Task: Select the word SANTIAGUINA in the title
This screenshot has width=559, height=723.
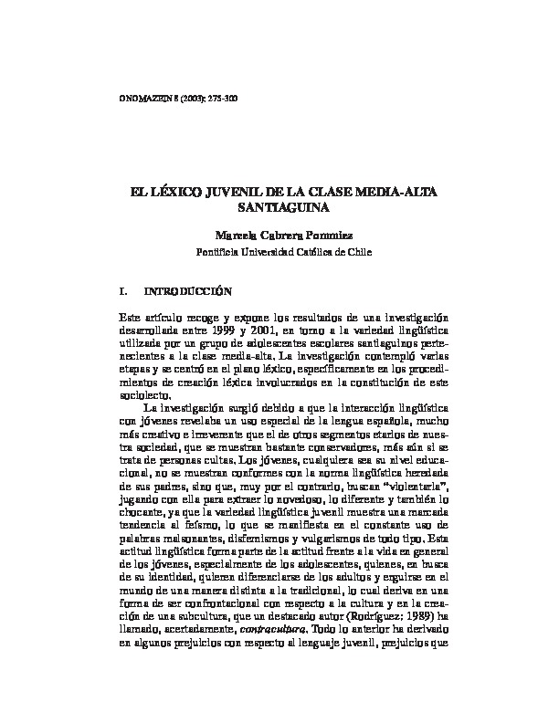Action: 279,209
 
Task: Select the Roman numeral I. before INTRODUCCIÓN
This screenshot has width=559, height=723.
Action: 123,293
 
